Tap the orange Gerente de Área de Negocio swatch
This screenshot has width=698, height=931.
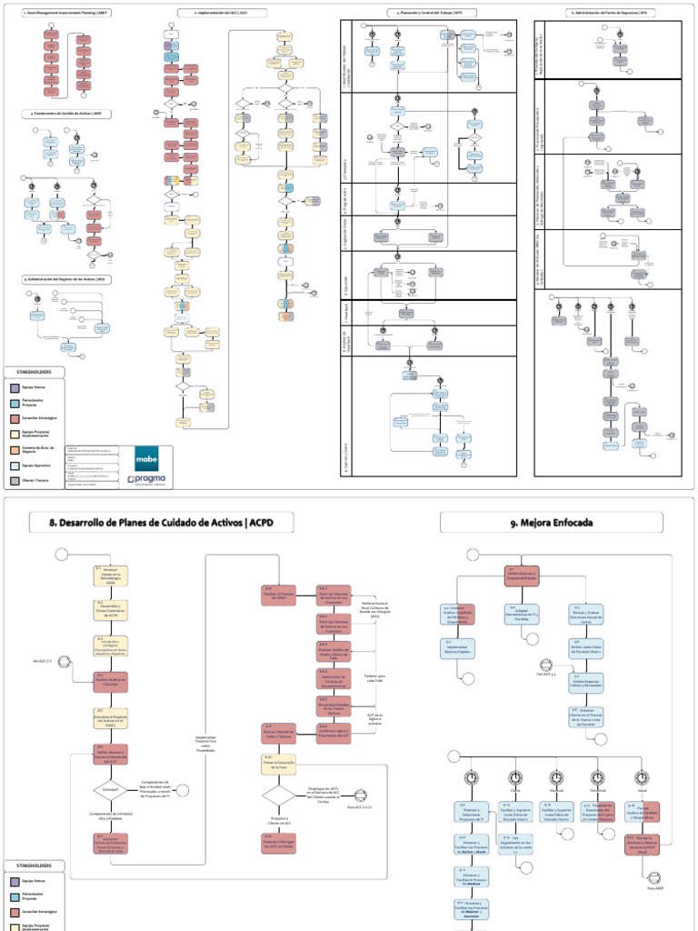tap(15, 448)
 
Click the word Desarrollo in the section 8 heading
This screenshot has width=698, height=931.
tap(95, 522)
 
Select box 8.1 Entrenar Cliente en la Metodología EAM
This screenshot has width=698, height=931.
tap(107, 576)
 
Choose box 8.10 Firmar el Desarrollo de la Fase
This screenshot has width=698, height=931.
tap(280, 765)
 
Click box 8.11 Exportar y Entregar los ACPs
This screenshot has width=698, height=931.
tap(280, 845)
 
